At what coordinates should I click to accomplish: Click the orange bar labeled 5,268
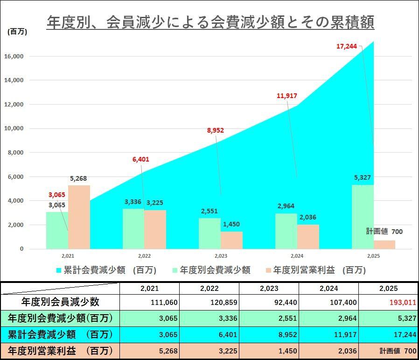79,217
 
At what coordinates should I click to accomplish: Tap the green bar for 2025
363,217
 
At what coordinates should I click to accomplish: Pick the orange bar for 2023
231,240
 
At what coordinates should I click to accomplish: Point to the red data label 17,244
347,46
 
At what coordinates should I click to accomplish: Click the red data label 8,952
216,131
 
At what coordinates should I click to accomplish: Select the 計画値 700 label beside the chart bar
384,232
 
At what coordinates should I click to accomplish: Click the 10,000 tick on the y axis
15,128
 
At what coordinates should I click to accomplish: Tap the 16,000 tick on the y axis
15,56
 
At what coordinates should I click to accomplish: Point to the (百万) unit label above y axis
18,32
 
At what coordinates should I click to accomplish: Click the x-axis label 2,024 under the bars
297,256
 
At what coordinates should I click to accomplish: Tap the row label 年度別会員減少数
60,302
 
